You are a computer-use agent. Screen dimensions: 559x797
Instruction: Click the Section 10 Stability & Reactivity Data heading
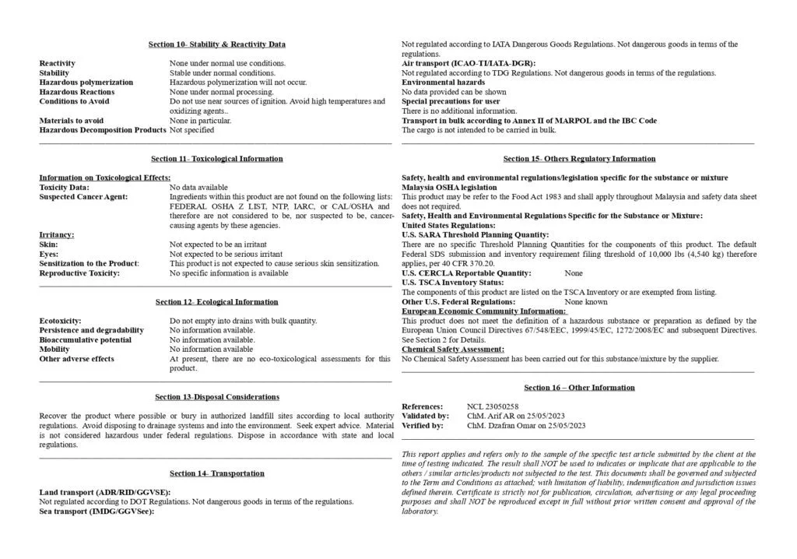click(x=216, y=44)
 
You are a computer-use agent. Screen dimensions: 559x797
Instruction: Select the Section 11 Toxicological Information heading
click(x=216, y=159)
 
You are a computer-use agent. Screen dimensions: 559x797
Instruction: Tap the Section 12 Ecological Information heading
click(x=216, y=302)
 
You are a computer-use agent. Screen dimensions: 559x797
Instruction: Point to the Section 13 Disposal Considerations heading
click(x=216, y=397)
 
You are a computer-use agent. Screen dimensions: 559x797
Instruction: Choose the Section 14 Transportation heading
click(x=216, y=473)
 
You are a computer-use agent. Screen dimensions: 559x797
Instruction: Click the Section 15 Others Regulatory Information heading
click(x=579, y=159)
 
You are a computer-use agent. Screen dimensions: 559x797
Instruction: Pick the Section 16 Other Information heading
click(x=579, y=388)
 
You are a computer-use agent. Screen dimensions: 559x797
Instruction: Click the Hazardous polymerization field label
click(x=86, y=83)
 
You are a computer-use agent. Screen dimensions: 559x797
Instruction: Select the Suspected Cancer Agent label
click(x=83, y=197)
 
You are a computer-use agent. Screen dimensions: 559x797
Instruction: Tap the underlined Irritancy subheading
click(x=57, y=234)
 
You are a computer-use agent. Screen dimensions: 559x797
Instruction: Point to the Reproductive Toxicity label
click(x=79, y=273)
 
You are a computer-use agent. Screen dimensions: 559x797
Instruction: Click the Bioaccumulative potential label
click(x=86, y=340)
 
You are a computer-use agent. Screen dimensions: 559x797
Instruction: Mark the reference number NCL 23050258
click(x=493, y=407)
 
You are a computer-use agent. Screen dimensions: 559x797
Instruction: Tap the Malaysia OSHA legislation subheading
click(x=449, y=188)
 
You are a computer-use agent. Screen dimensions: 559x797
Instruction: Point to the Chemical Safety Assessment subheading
click(x=453, y=350)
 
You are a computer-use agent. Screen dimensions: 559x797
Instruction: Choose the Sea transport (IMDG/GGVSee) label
click(x=97, y=512)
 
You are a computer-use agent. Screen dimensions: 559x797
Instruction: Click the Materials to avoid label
click(x=72, y=121)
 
